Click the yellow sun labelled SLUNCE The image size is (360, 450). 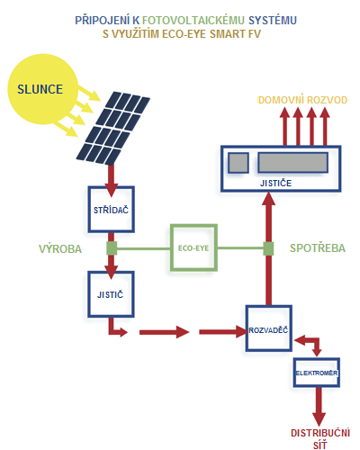tap(42, 89)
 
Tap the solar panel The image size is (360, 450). tap(113, 129)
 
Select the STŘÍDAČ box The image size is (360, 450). tap(111, 210)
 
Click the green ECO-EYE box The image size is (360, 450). tap(193, 247)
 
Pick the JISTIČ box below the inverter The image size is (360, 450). tap(111, 294)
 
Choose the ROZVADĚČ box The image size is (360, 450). tap(269, 328)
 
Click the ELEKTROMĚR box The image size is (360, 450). tap(317, 373)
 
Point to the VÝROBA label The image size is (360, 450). tap(60, 249)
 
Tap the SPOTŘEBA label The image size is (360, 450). tap(318, 248)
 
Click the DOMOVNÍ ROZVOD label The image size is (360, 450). tap(302, 100)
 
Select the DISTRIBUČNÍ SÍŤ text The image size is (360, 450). tap(320, 439)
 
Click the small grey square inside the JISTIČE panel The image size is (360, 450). tap(238, 163)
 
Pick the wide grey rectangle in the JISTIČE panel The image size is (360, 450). tap(292, 163)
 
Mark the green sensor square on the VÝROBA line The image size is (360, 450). tap(112, 248)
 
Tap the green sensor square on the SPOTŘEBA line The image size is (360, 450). tap(268, 248)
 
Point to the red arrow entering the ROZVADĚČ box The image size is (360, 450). tap(223, 332)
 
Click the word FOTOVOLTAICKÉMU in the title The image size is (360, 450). tap(193, 21)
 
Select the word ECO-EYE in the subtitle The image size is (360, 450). tap(184, 34)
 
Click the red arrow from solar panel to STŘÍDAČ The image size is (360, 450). tap(112, 180)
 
